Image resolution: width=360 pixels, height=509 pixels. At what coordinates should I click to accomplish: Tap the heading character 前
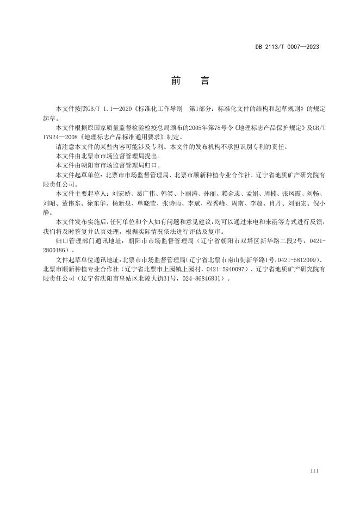[x=175, y=81]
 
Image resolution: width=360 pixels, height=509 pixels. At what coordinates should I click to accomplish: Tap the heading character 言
[x=204, y=81]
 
